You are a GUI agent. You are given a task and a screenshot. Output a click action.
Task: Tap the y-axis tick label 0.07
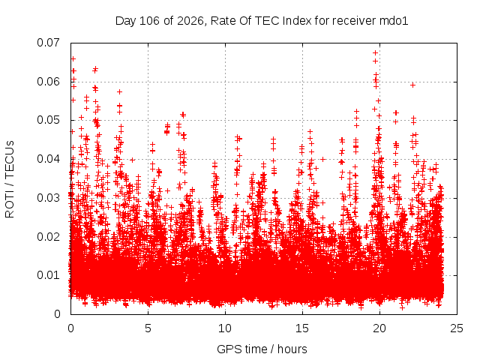pos(48,43)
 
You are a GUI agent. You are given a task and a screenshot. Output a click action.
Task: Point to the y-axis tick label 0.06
pos(48,82)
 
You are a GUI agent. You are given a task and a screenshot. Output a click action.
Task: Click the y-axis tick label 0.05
pos(48,120)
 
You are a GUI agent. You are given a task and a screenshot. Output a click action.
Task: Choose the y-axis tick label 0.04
pos(48,159)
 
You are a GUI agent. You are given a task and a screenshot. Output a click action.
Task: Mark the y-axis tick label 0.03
pos(48,198)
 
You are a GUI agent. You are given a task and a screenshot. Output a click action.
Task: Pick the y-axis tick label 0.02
pos(48,237)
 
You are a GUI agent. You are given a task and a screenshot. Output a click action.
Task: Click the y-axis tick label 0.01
pos(48,275)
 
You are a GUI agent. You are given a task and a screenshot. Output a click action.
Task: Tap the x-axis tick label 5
pos(148,328)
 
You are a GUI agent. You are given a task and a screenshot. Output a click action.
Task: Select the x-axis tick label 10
pos(225,328)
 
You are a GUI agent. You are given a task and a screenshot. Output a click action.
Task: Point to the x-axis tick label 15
pos(302,328)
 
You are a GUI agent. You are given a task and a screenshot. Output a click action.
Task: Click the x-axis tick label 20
pos(379,328)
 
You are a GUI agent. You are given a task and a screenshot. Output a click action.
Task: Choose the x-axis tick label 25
pos(457,328)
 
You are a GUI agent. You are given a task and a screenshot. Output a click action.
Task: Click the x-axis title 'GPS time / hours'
pos(262,349)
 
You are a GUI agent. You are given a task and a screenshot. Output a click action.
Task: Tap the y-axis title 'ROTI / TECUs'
pos(10,179)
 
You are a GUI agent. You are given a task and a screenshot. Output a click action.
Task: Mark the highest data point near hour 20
pos(375,53)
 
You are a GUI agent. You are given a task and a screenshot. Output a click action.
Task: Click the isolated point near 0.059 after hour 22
pos(413,85)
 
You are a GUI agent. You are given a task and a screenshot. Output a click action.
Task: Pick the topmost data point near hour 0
pos(73,59)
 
